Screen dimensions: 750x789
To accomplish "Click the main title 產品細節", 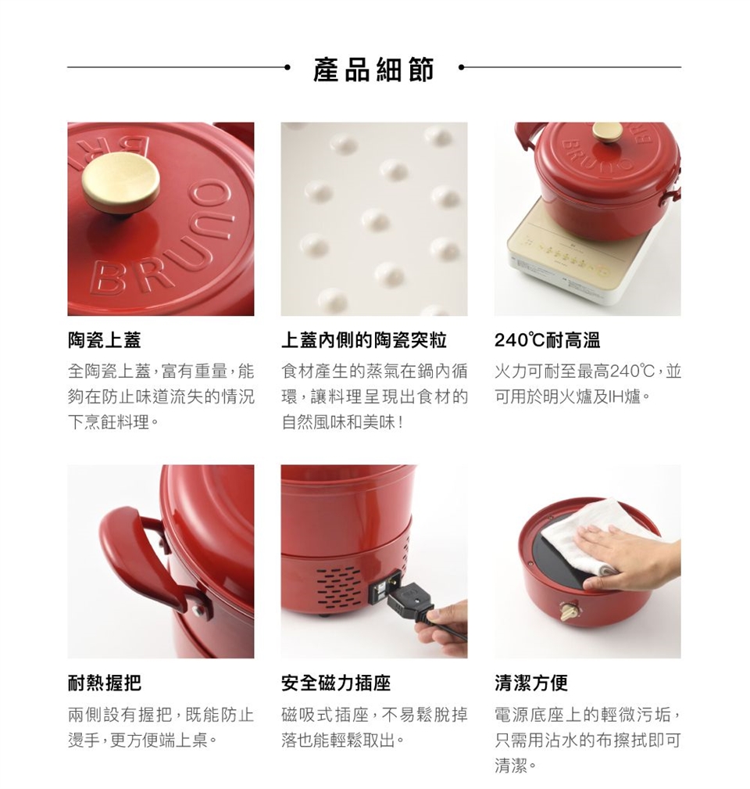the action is point(373,70).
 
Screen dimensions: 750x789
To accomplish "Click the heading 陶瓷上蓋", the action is point(105,340).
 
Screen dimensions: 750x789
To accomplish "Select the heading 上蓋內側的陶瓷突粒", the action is point(363,340).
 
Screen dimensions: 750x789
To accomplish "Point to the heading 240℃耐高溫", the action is point(547,340).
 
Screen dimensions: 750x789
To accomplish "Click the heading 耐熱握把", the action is point(105,683).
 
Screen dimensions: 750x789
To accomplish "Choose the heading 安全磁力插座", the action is point(336,683).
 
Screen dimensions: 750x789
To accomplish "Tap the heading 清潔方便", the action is point(531,683).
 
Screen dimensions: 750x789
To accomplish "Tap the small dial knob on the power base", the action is point(571,610).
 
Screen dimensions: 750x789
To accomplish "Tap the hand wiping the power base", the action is point(628,558).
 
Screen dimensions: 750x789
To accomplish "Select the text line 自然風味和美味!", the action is point(342,423).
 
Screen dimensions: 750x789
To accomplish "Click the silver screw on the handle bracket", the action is point(197,611).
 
